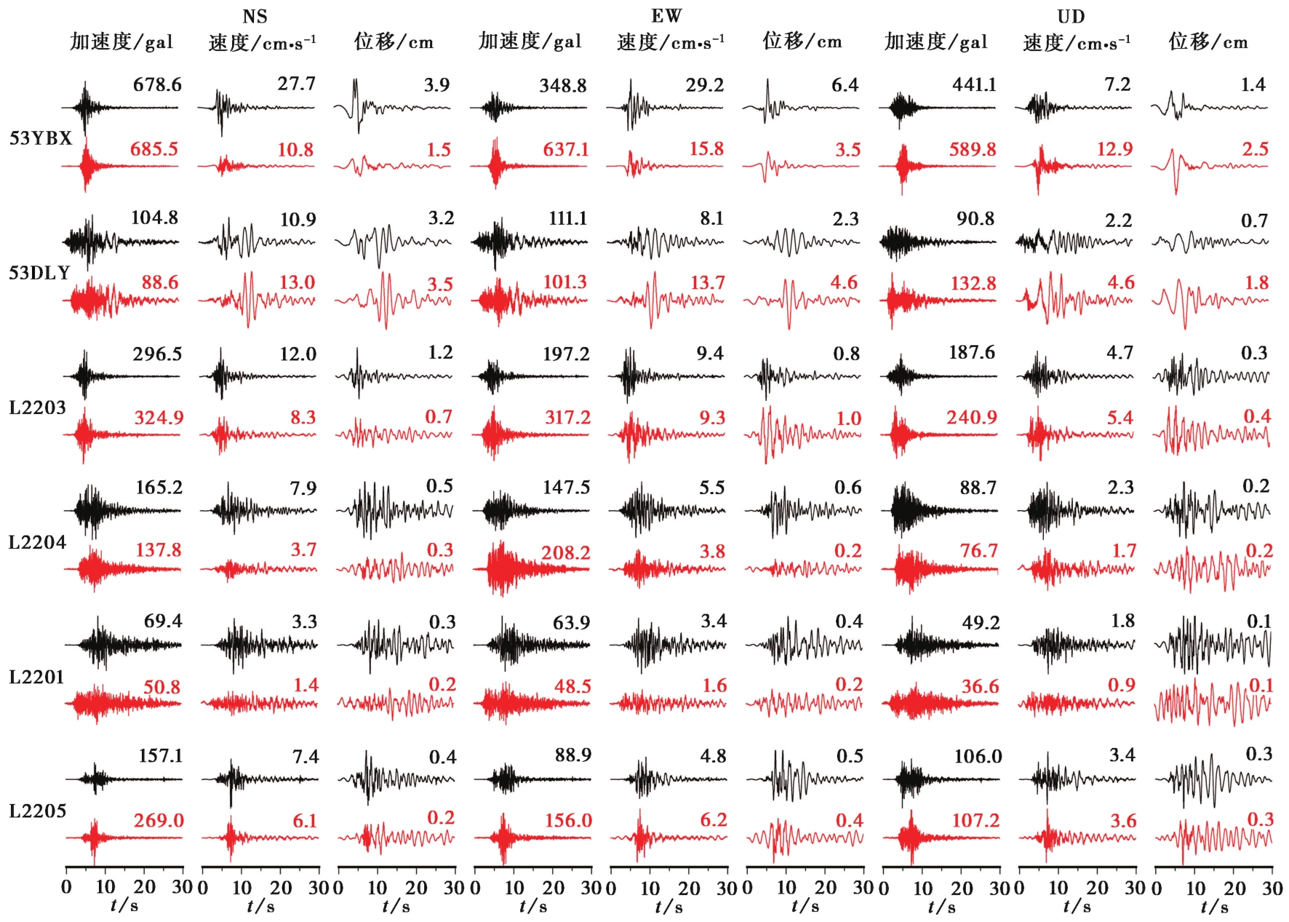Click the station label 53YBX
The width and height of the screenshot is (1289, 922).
point(41,138)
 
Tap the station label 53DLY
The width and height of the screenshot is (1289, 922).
point(40,273)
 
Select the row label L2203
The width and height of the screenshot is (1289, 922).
point(38,408)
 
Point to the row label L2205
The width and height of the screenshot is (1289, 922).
point(38,811)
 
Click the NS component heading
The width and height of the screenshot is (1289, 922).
point(255,16)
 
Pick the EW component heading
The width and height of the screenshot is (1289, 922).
point(666,16)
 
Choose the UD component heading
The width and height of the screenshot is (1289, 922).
point(1071,16)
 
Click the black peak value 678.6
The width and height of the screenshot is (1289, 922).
point(157,85)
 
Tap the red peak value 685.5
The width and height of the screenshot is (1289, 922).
point(154,149)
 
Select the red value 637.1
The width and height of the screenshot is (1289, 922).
point(566,149)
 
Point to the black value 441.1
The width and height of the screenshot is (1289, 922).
point(975,85)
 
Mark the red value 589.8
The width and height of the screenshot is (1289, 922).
point(973,149)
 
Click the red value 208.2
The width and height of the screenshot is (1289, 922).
point(566,552)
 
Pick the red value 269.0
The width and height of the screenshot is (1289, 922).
point(159,821)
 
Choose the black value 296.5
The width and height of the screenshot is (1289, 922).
point(157,354)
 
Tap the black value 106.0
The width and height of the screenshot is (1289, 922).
point(978,757)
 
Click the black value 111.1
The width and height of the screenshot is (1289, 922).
point(567,218)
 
